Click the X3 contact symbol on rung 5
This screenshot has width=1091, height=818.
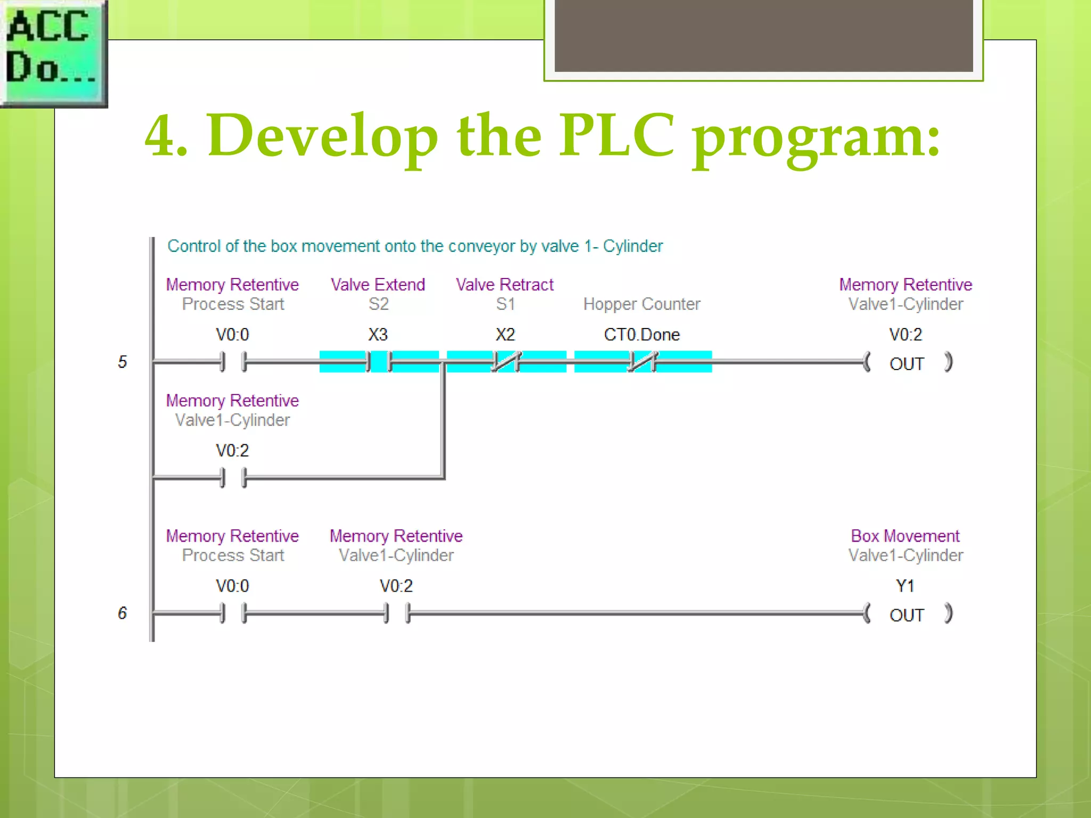(x=378, y=362)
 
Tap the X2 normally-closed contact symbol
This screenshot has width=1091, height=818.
(x=506, y=362)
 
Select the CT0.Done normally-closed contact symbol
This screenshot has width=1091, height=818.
(x=642, y=362)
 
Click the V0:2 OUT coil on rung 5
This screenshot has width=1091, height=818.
(x=907, y=363)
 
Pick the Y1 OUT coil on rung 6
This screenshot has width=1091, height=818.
(x=907, y=614)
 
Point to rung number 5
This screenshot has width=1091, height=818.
(x=123, y=362)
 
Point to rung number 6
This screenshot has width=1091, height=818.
(x=123, y=613)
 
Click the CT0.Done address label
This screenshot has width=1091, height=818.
(x=641, y=334)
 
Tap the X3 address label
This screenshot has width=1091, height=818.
(x=378, y=334)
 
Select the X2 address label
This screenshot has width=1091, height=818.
(x=505, y=334)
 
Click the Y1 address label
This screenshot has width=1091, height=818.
(x=905, y=586)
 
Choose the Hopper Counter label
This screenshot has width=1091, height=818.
(x=641, y=304)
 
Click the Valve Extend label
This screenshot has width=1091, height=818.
(x=378, y=285)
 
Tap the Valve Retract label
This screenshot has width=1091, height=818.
(x=504, y=285)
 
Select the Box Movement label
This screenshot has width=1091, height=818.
(x=905, y=536)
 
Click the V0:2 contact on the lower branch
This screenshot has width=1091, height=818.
(x=233, y=478)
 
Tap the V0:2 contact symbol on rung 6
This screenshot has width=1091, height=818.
(x=397, y=613)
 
